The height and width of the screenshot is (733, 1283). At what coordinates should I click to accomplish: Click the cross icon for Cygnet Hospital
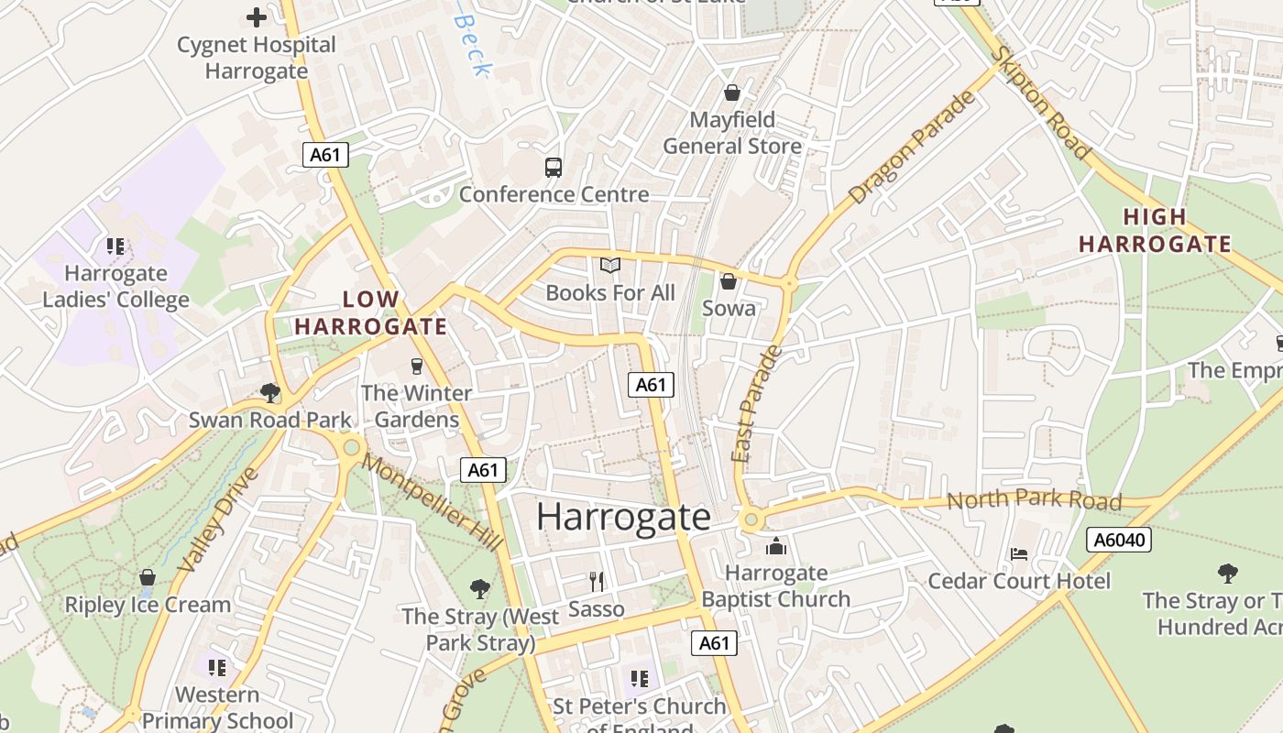click(x=257, y=16)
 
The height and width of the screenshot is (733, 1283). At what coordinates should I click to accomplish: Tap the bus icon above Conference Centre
click(x=554, y=168)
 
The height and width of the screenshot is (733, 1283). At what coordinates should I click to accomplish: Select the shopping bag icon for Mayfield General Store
click(x=731, y=93)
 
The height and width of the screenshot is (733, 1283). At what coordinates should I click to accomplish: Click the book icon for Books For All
click(x=610, y=266)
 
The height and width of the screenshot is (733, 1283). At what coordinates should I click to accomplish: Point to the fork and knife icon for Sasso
click(x=597, y=581)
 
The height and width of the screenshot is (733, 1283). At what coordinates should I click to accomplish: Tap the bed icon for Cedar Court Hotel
click(x=1019, y=553)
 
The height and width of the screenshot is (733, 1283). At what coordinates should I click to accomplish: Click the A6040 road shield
click(x=1118, y=540)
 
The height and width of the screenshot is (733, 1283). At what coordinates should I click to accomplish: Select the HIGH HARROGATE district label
click(x=1155, y=230)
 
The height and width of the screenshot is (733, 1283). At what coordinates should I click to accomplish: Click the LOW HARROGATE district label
click(x=371, y=312)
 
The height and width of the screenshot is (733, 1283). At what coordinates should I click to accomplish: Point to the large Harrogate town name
click(x=623, y=517)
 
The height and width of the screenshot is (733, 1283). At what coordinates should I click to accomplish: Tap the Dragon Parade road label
click(x=912, y=149)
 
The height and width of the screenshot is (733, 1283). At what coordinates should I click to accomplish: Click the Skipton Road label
click(x=1040, y=103)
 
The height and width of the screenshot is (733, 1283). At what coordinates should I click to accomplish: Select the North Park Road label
click(x=1034, y=500)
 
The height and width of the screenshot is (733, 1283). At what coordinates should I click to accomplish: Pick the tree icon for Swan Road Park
click(x=270, y=393)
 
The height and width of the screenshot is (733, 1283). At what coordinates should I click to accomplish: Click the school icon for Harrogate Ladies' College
click(x=115, y=246)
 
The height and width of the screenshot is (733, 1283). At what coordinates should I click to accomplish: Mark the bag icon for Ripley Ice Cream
click(x=148, y=577)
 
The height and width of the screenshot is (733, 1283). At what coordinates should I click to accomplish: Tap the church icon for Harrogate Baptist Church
click(x=776, y=546)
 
